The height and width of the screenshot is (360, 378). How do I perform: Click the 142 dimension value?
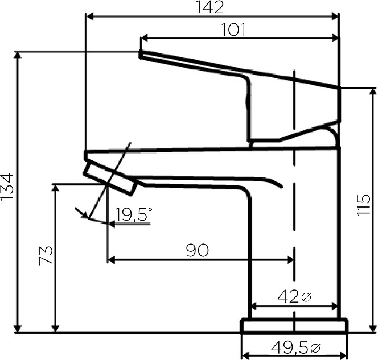(210, 7)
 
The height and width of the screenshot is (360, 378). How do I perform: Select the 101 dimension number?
(233, 30)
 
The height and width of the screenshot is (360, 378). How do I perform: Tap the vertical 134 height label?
(7, 185)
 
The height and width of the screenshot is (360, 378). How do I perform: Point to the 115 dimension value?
(364, 204)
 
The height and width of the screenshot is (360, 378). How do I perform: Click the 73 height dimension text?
(46, 255)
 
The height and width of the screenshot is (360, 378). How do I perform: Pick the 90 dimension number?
(198, 250)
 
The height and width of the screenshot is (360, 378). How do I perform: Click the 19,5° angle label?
(134, 214)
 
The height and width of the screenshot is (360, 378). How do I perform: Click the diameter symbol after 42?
(306, 297)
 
